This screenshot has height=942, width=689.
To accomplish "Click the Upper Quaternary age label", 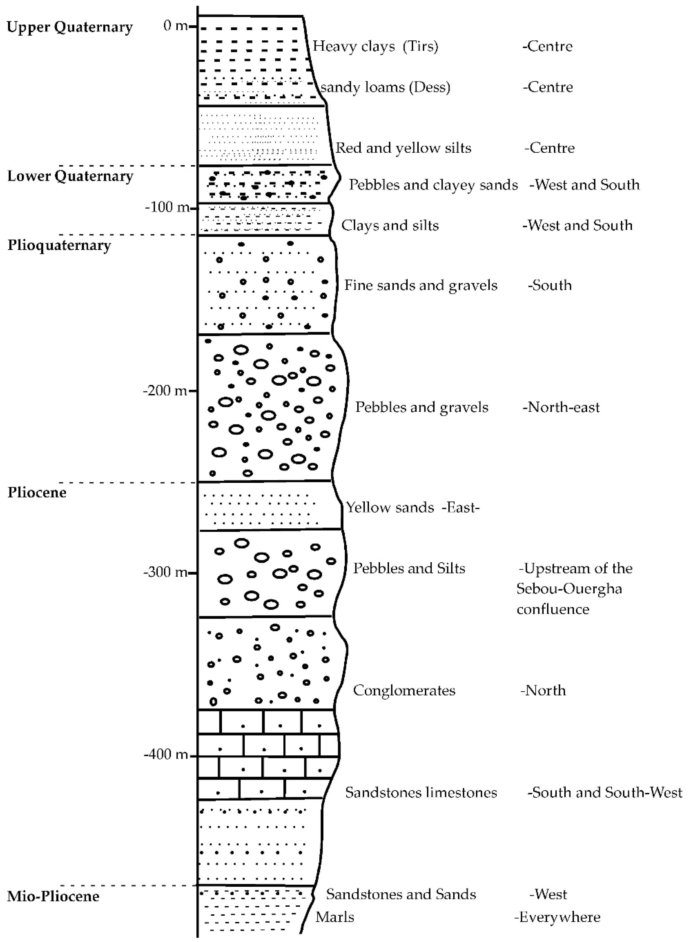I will (x=70, y=27).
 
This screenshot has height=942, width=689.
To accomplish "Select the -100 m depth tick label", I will (x=167, y=207).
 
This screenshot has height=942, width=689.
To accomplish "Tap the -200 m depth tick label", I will (x=165, y=391).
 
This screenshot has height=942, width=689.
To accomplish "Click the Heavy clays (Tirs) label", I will (x=375, y=46).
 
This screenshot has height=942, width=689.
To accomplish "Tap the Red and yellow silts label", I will (x=403, y=148).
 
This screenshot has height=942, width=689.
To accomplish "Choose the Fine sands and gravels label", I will (x=420, y=286).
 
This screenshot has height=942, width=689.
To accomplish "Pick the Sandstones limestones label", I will (x=421, y=792).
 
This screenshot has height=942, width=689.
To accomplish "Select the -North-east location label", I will (x=561, y=407).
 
